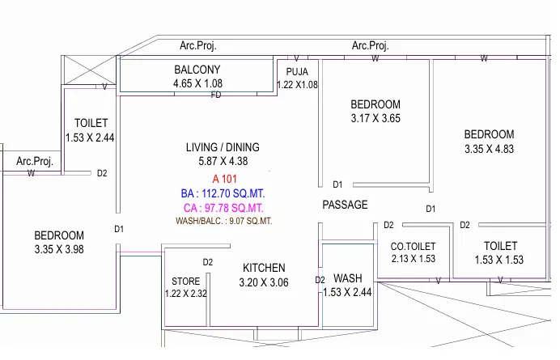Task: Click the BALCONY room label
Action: (x=197, y=70)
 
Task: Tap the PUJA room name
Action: (x=297, y=72)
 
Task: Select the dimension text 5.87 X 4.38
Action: (x=223, y=161)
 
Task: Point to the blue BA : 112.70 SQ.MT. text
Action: (x=223, y=193)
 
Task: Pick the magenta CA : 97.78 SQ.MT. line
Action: (x=223, y=207)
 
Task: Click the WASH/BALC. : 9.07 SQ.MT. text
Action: (x=223, y=221)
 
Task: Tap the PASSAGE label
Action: (x=345, y=205)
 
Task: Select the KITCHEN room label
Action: (x=264, y=269)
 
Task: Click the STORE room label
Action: (x=185, y=282)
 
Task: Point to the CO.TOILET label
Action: (x=414, y=247)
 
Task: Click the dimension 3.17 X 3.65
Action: (x=375, y=118)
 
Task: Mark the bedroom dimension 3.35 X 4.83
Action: (x=489, y=149)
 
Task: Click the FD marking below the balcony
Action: (x=216, y=95)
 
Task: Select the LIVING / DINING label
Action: (x=223, y=147)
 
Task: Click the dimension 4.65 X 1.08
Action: (x=197, y=83)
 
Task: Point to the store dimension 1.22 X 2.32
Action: (x=185, y=294)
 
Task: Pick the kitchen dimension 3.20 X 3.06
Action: (x=264, y=282)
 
